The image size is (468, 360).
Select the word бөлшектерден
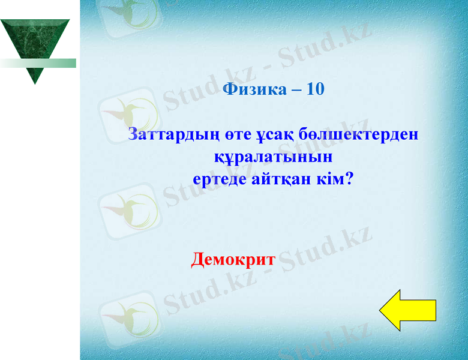(358, 134)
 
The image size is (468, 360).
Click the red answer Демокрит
(233, 260)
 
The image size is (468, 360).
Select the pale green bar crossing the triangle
(38, 63)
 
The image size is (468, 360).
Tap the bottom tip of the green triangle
(35, 83)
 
